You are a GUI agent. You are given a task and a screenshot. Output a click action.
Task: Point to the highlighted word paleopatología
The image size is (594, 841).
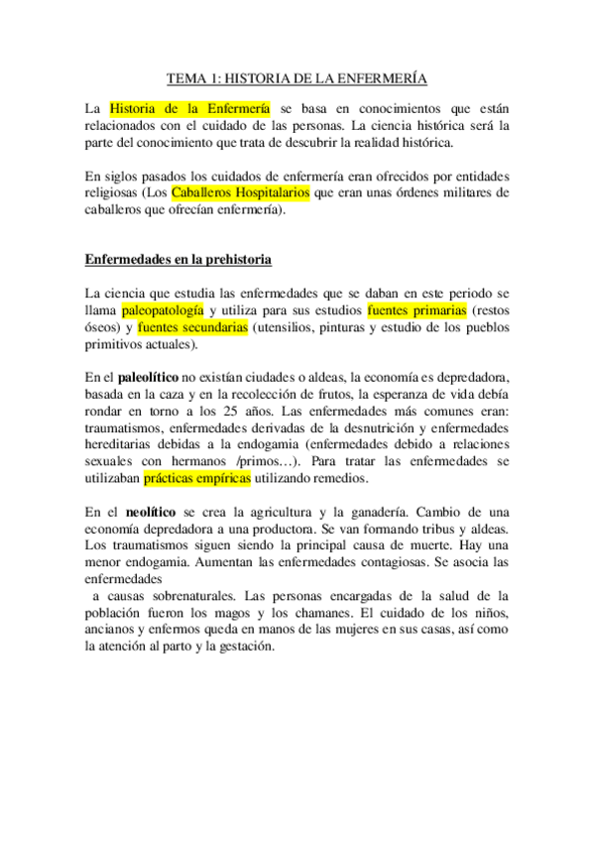(x=163, y=310)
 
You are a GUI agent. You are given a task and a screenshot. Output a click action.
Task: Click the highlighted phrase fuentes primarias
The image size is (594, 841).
(x=416, y=310)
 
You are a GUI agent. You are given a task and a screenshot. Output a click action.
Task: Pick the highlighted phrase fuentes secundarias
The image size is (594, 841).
(x=192, y=327)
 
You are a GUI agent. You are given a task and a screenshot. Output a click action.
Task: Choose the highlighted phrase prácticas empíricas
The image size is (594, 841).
(x=197, y=478)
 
